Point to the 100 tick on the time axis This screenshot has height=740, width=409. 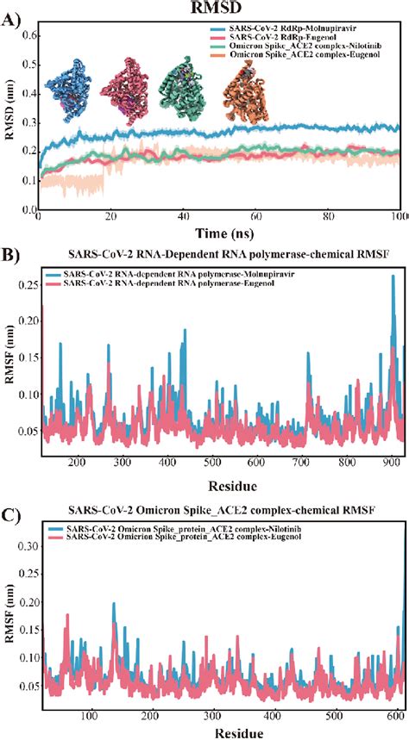click(399, 215)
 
